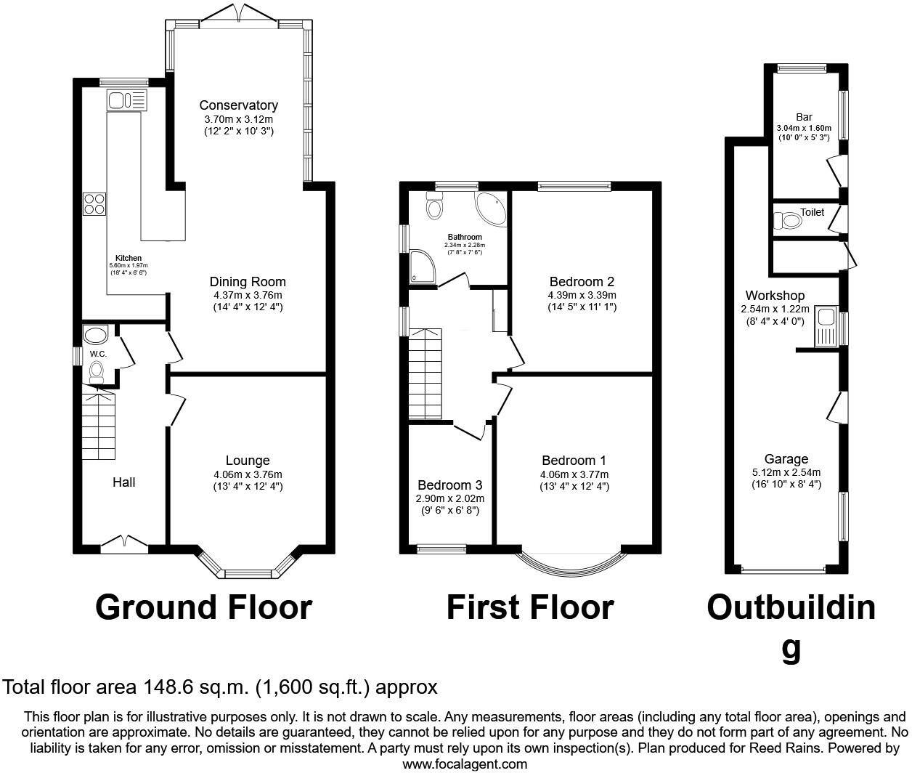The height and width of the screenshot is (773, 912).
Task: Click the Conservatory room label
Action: tap(238, 105)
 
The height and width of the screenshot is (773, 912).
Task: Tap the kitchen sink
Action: tap(126, 100)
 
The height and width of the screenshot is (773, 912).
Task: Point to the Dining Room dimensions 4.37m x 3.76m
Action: tap(248, 295)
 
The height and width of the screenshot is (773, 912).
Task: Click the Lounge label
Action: tap(248, 461)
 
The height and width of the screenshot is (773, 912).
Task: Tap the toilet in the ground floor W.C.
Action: tap(96, 372)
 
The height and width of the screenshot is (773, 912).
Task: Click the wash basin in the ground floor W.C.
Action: tap(95, 335)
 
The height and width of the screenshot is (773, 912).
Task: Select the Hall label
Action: tap(123, 482)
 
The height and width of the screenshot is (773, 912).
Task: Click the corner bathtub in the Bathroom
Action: tap(490, 209)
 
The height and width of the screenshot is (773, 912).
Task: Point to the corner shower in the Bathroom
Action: tap(422, 266)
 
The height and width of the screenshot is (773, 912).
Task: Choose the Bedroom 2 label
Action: tap(582, 282)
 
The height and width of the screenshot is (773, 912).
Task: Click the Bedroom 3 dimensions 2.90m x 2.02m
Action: tap(449, 498)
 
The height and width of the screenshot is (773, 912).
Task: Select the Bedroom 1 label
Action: tap(574, 461)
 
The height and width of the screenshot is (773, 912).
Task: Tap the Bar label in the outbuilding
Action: tap(804, 117)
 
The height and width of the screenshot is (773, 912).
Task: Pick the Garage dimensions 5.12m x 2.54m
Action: tap(786, 472)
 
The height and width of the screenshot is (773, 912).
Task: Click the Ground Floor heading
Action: tap(204, 608)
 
